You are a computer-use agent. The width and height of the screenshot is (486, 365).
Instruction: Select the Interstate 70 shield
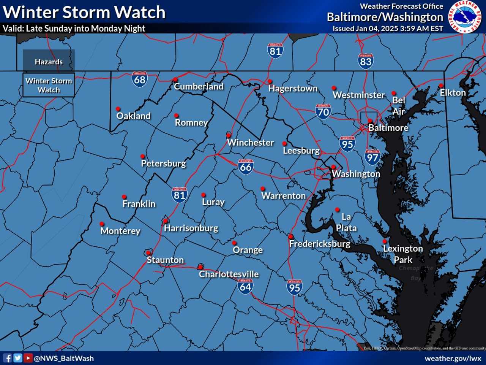(x=323, y=111)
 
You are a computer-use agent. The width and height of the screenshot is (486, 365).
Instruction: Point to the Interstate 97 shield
(x=372, y=157)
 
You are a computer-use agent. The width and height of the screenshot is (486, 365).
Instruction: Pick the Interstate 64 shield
(x=245, y=286)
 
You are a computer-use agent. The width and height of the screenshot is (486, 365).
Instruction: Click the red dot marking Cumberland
(x=175, y=79)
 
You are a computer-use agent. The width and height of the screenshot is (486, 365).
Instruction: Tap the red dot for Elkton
(x=441, y=86)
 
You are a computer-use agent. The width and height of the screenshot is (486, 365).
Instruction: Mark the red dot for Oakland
(x=118, y=109)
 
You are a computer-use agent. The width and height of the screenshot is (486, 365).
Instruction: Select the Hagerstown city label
(x=293, y=89)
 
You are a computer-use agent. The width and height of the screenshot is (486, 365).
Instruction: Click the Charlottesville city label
(x=229, y=274)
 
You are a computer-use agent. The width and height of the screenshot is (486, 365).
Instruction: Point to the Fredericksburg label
(x=320, y=244)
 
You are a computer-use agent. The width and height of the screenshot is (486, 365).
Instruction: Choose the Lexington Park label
(x=403, y=254)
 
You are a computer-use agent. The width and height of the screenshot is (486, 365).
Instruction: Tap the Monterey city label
(x=120, y=231)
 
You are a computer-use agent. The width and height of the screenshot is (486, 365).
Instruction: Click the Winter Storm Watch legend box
(x=49, y=85)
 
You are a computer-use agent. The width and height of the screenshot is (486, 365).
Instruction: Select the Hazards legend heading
(x=49, y=62)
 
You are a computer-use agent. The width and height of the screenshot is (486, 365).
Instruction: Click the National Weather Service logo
(x=464, y=17)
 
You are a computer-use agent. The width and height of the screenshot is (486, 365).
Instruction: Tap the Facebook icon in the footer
(x=7, y=358)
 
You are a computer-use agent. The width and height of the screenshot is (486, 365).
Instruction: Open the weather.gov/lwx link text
(x=453, y=358)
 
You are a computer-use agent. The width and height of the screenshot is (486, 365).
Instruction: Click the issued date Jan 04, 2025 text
(x=388, y=29)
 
